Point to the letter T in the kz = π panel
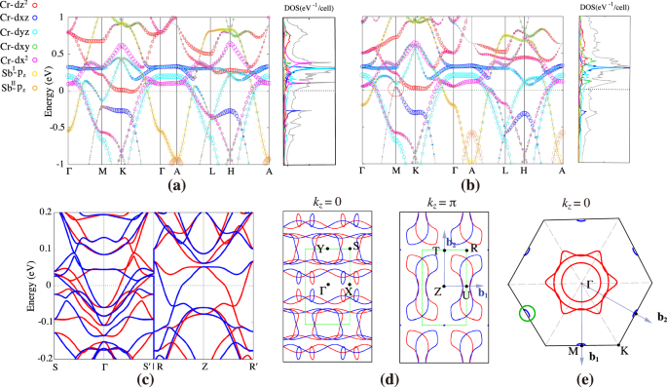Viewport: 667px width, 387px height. point(435,251)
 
